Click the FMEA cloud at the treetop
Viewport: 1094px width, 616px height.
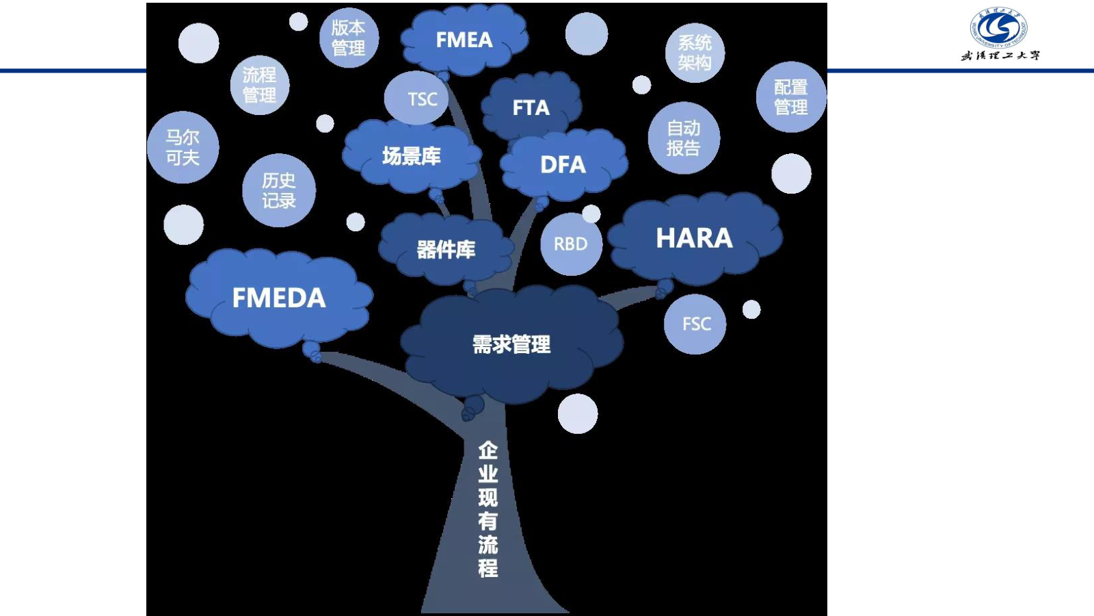tap(464, 40)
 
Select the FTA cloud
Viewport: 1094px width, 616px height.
tap(531, 107)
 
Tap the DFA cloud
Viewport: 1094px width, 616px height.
tap(563, 164)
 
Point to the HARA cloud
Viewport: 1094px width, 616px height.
tap(694, 238)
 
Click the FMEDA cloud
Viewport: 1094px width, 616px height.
tap(279, 298)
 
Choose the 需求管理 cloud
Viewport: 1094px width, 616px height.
tap(511, 344)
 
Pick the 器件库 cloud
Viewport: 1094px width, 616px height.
tap(446, 250)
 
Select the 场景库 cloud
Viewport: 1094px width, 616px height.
tap(412, 156)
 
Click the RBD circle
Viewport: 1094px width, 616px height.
tap(570, 244)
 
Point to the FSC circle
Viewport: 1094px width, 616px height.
tap(695, 324)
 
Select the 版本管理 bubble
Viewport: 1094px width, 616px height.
tap(349, 38)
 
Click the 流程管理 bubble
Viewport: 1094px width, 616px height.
tap(260, 85)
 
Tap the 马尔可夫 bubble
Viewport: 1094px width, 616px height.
tap(183, 147)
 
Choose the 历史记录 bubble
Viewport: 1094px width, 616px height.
tap(279, 190)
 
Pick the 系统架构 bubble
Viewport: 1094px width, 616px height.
tap(695, 53)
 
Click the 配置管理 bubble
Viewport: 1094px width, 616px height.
tap(791, 97)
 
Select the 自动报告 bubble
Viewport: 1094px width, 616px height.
tap(684, 138)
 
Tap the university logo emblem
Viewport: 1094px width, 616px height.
tap(999, 27)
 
